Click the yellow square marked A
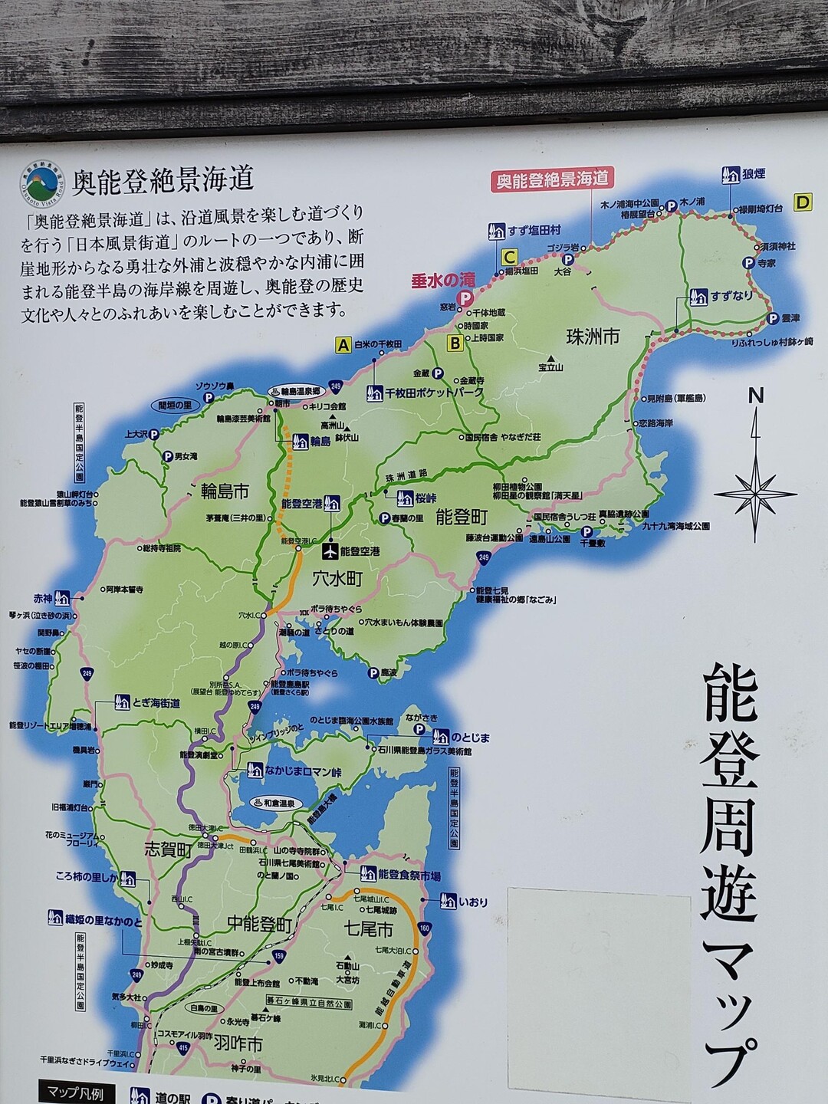[x=343, y=345]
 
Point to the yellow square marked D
[x=803, y=202]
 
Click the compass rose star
[x=756, y=491]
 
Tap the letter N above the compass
[x=757, y=396]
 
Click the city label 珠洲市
[x=593, y=337]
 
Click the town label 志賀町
[x=168, y=849]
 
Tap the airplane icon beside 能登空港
[x=330, y=550]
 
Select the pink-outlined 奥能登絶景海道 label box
[x=552, y=179]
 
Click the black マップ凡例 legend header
[x=75, y=1095]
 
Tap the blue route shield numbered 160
[x=425, y=929]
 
